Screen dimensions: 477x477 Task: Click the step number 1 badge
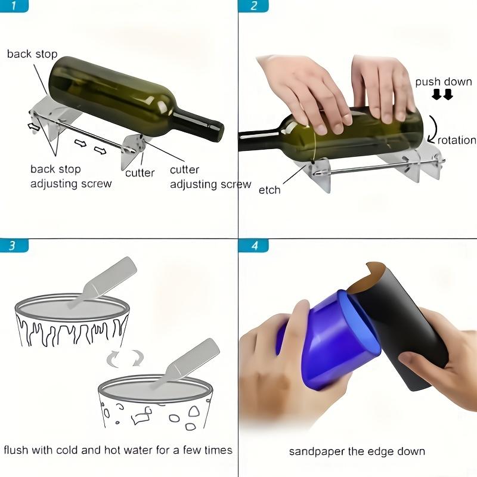pyautogui.click(x=16, y=7)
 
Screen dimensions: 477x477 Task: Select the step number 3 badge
pyautogui.click(x=16, y=245)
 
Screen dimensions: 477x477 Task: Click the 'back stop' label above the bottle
pyautogui.click(x=32, y=54)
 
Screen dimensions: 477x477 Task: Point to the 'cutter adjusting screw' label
pyautogui.click(x=210, y=177)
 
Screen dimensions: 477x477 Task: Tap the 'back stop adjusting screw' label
pyautogui.click(x=70, y=176)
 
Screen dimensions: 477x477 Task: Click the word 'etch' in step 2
pyautogui.click(x=270, y=190)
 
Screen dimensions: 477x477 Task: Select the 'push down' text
pyautogui.click(x=443, y=82)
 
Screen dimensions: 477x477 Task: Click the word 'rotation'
pyautogui.click(x=456, y=140)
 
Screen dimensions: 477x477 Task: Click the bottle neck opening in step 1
pyautogui.click(x=219, y=127)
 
